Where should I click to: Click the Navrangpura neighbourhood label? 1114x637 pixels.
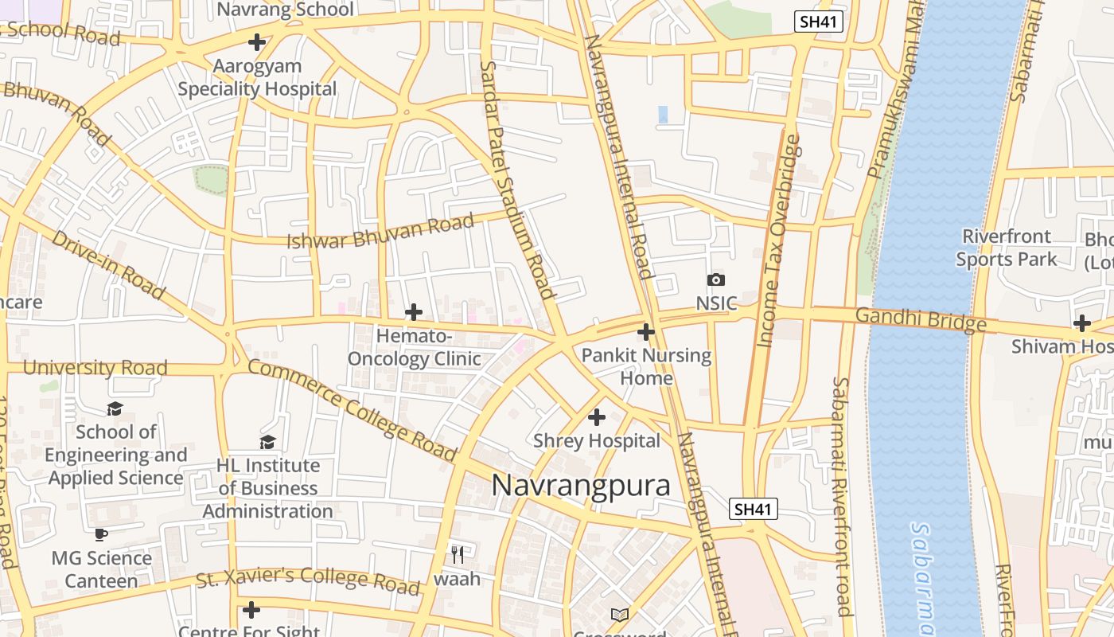[581, 485]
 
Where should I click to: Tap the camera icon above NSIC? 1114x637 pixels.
[716, 279]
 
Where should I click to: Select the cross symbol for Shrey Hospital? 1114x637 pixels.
[596, 416]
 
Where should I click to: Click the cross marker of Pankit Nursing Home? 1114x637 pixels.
[646, 331]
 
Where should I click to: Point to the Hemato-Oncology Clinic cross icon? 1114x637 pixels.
[414, 312]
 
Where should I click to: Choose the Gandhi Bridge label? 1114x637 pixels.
[925, 320]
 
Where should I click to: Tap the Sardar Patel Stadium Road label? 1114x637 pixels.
[517, 179]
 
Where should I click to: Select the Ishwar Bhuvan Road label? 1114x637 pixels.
[381, 232]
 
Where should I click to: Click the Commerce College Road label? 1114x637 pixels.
[353, 411]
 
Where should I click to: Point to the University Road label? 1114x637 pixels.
[95, 368]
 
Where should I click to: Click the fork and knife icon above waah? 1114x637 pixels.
[458, 554]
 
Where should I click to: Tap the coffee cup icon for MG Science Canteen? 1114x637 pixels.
[101, 534]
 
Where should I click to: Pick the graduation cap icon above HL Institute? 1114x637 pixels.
[268, 442]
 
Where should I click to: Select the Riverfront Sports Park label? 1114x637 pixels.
[1007, 248]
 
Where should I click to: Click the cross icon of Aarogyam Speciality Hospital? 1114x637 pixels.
[257, 41]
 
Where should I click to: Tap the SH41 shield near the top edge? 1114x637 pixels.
[819, 21]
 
